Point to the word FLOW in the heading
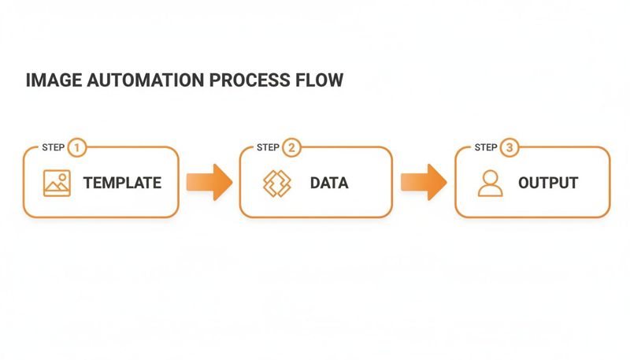(x=320, y=80)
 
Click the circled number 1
(x=76, y=147)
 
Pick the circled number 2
(x=292, y=147)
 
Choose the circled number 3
(x=510, y=147)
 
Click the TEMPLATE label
(x=122, y=184)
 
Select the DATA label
(x=328, y=184)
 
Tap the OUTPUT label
(x=548, y=184)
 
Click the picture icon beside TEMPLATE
(x=57, y=183)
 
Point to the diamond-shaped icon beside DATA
(x=276, y=183)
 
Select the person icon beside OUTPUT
(x=490, y=184)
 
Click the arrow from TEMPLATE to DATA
(x=209, y=183)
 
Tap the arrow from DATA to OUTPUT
(x=424, y=183)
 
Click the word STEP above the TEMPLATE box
(x=52, y=148)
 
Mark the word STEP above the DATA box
(x=268, y=148)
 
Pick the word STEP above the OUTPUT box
(x=485, y=148)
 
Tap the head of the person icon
(x=490, y=177)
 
